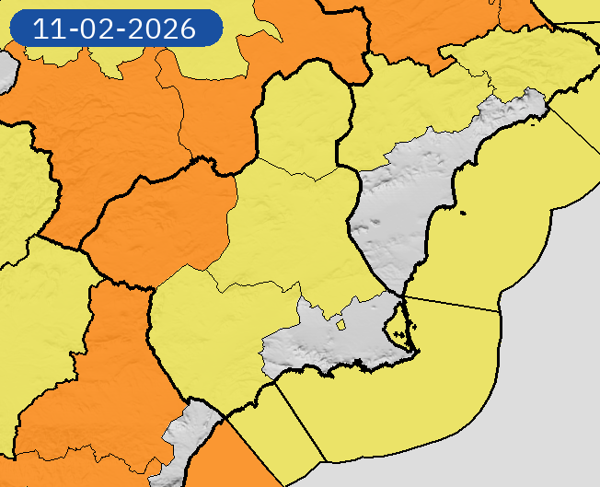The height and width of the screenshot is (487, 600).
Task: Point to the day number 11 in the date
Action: tap(48, 29)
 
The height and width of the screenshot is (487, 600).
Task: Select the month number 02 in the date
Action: tap(102, 29)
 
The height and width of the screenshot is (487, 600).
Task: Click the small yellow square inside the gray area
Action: tap(340, 323)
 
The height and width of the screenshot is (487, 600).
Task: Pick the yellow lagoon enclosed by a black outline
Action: tap(396, 326)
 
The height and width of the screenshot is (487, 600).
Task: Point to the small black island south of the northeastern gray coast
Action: tap(462, 215)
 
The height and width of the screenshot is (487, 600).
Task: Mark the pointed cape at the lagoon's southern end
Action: tap(413, 351)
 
